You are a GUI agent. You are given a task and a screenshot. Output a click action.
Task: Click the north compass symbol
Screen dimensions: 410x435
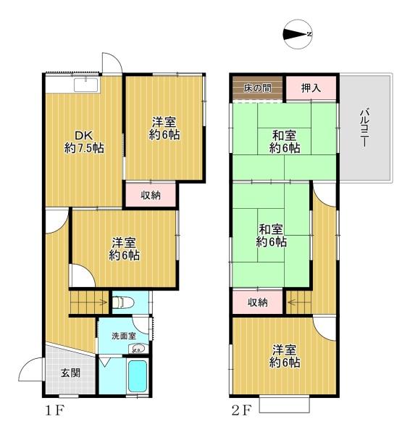click(298, 34)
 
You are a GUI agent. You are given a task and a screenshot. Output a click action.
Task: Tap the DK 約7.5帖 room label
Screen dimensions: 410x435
click(84, 142)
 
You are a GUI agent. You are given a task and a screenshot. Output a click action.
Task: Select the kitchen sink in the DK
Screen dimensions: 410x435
click(86, 84)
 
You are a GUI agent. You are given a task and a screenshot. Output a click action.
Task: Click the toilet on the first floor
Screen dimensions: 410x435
click(123, 302)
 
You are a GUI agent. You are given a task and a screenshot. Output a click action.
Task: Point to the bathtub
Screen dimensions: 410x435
click(138, 376)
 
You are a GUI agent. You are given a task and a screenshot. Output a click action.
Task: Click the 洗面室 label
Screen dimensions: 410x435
click(124, 336)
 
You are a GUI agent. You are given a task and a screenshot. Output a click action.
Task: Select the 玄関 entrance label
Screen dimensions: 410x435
click(71, 373)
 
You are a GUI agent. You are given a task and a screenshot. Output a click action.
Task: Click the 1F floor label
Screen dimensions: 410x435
click(55, 410)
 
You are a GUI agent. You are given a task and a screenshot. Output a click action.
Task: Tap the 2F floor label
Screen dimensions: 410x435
click(242, 410)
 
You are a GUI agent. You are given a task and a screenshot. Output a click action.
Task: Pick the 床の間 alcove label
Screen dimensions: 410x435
click(258, 88)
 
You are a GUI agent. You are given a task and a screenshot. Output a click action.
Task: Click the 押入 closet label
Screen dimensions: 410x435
click(311, 88)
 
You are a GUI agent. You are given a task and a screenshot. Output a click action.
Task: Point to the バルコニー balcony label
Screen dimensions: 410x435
click(364, 128)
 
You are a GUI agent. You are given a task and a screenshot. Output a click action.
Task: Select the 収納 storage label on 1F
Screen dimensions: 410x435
click(151, 195)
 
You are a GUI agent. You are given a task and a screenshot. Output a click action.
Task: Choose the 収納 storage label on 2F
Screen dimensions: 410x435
click(258, 302)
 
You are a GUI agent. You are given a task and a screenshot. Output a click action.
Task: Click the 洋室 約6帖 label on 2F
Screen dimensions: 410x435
click(285, 356)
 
